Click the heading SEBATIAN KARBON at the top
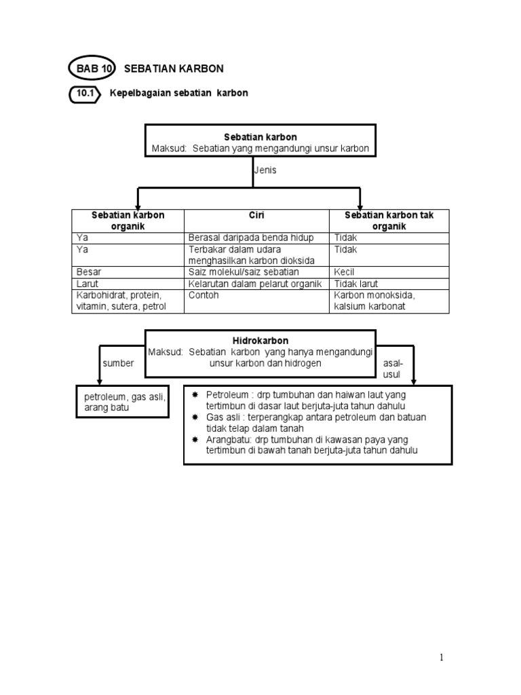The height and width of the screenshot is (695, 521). [174, 69]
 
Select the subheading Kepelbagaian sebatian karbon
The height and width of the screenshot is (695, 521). [179, 93]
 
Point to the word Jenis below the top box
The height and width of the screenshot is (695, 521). [265, 170]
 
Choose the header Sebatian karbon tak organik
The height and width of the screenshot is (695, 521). [389, 221]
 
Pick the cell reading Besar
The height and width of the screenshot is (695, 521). [89, 271]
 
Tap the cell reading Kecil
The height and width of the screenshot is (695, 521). [345, 271]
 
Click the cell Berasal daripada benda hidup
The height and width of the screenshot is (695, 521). [250, 238]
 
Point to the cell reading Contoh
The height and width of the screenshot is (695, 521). [204, 296]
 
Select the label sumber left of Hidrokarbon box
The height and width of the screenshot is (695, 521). [118, 363]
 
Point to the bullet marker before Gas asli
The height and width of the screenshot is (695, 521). [195, 417]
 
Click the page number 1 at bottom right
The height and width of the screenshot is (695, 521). [442, 657]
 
